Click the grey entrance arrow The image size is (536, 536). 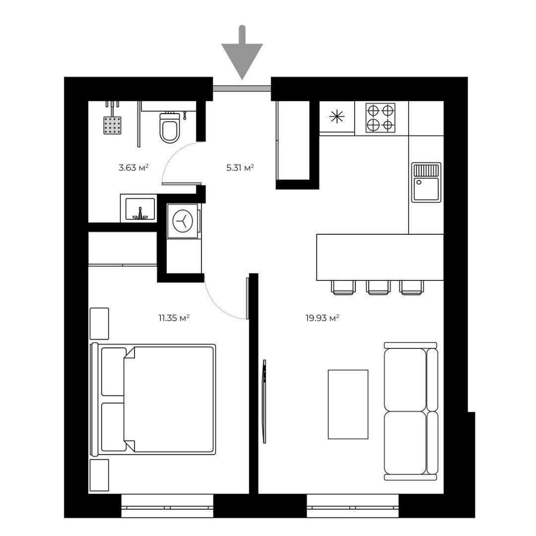242,55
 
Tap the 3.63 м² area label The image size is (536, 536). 133,167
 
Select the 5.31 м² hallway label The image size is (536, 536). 240,167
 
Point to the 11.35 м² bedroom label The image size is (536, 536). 174,318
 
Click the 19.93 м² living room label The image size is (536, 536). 322,318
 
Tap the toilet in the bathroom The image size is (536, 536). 169,127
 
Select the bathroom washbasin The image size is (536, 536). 139,209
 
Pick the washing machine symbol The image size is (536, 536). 183,221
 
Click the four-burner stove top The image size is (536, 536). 381,118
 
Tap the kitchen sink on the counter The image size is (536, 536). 426,182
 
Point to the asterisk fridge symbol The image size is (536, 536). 337,117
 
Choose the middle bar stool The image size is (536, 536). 378,287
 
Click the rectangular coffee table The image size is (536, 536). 348,404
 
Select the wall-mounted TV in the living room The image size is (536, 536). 264,401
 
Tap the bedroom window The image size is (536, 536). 167,505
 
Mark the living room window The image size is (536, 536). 353,505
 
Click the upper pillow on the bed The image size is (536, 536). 114,371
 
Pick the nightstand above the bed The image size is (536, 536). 99,323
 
